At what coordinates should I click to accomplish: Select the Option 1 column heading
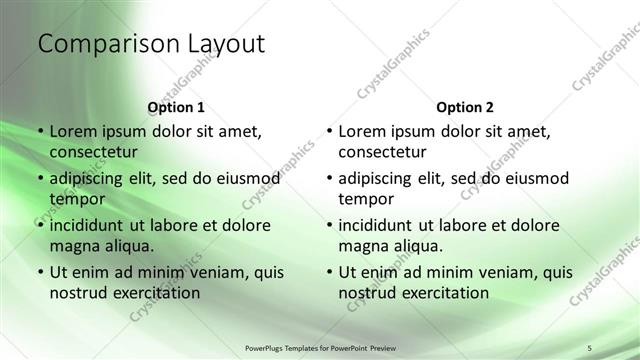[176, 107]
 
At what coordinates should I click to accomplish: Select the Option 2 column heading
[465, 107]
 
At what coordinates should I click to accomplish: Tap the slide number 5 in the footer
[590, 346]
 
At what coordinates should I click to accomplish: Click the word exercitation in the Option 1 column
[156, 293]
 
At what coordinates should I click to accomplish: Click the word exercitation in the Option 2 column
[445, 293]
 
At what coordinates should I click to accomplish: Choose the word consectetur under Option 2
[383, 152]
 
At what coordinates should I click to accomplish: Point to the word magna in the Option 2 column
[363, 246]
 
